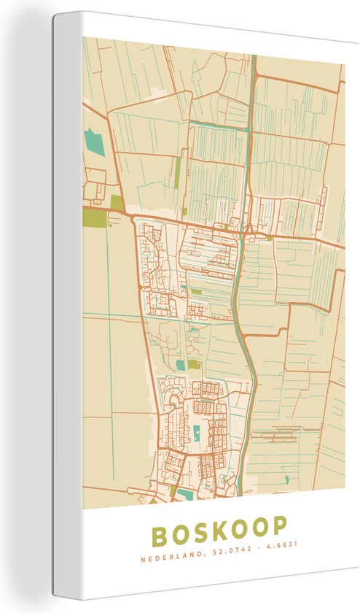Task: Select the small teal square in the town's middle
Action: pyautogui.click(x=180, y=364)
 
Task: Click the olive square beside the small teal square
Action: pyautogui.click(x=193, y=364)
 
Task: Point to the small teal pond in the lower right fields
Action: pyautogui.click(x=286, y=479)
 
